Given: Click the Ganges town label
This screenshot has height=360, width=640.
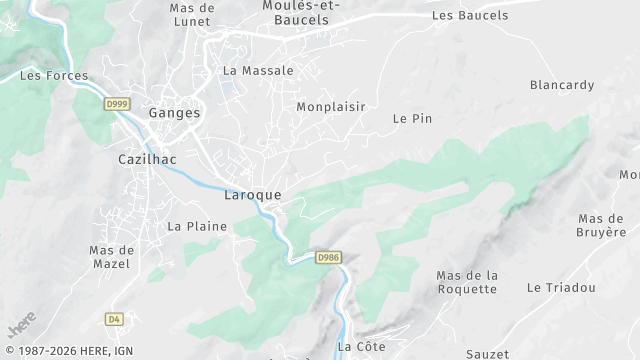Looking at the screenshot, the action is point(174,113).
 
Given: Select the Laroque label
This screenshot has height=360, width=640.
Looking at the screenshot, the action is point(253,195).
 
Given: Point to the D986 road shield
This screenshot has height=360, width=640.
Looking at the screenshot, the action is point(328,257).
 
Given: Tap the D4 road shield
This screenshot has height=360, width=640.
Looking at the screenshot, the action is point(114,319).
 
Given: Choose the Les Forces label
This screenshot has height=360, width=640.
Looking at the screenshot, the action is point(54,75).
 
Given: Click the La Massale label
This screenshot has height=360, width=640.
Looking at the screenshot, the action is point(258,71).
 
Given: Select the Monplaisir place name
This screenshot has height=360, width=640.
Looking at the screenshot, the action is point(331,106).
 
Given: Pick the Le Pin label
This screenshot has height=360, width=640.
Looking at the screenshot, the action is point(412,118).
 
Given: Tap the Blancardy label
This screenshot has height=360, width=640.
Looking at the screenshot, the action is point(561,85).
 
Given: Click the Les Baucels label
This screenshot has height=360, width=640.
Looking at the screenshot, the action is point(470,15).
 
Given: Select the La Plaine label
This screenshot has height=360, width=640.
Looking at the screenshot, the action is point(197,226).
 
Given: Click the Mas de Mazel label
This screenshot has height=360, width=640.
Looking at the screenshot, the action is point(110,257).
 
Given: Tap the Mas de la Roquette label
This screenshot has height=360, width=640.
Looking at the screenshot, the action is point(467,282).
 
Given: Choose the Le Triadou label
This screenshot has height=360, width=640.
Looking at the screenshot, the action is point(561,287).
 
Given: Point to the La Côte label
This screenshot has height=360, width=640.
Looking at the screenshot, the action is point(361,346).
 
